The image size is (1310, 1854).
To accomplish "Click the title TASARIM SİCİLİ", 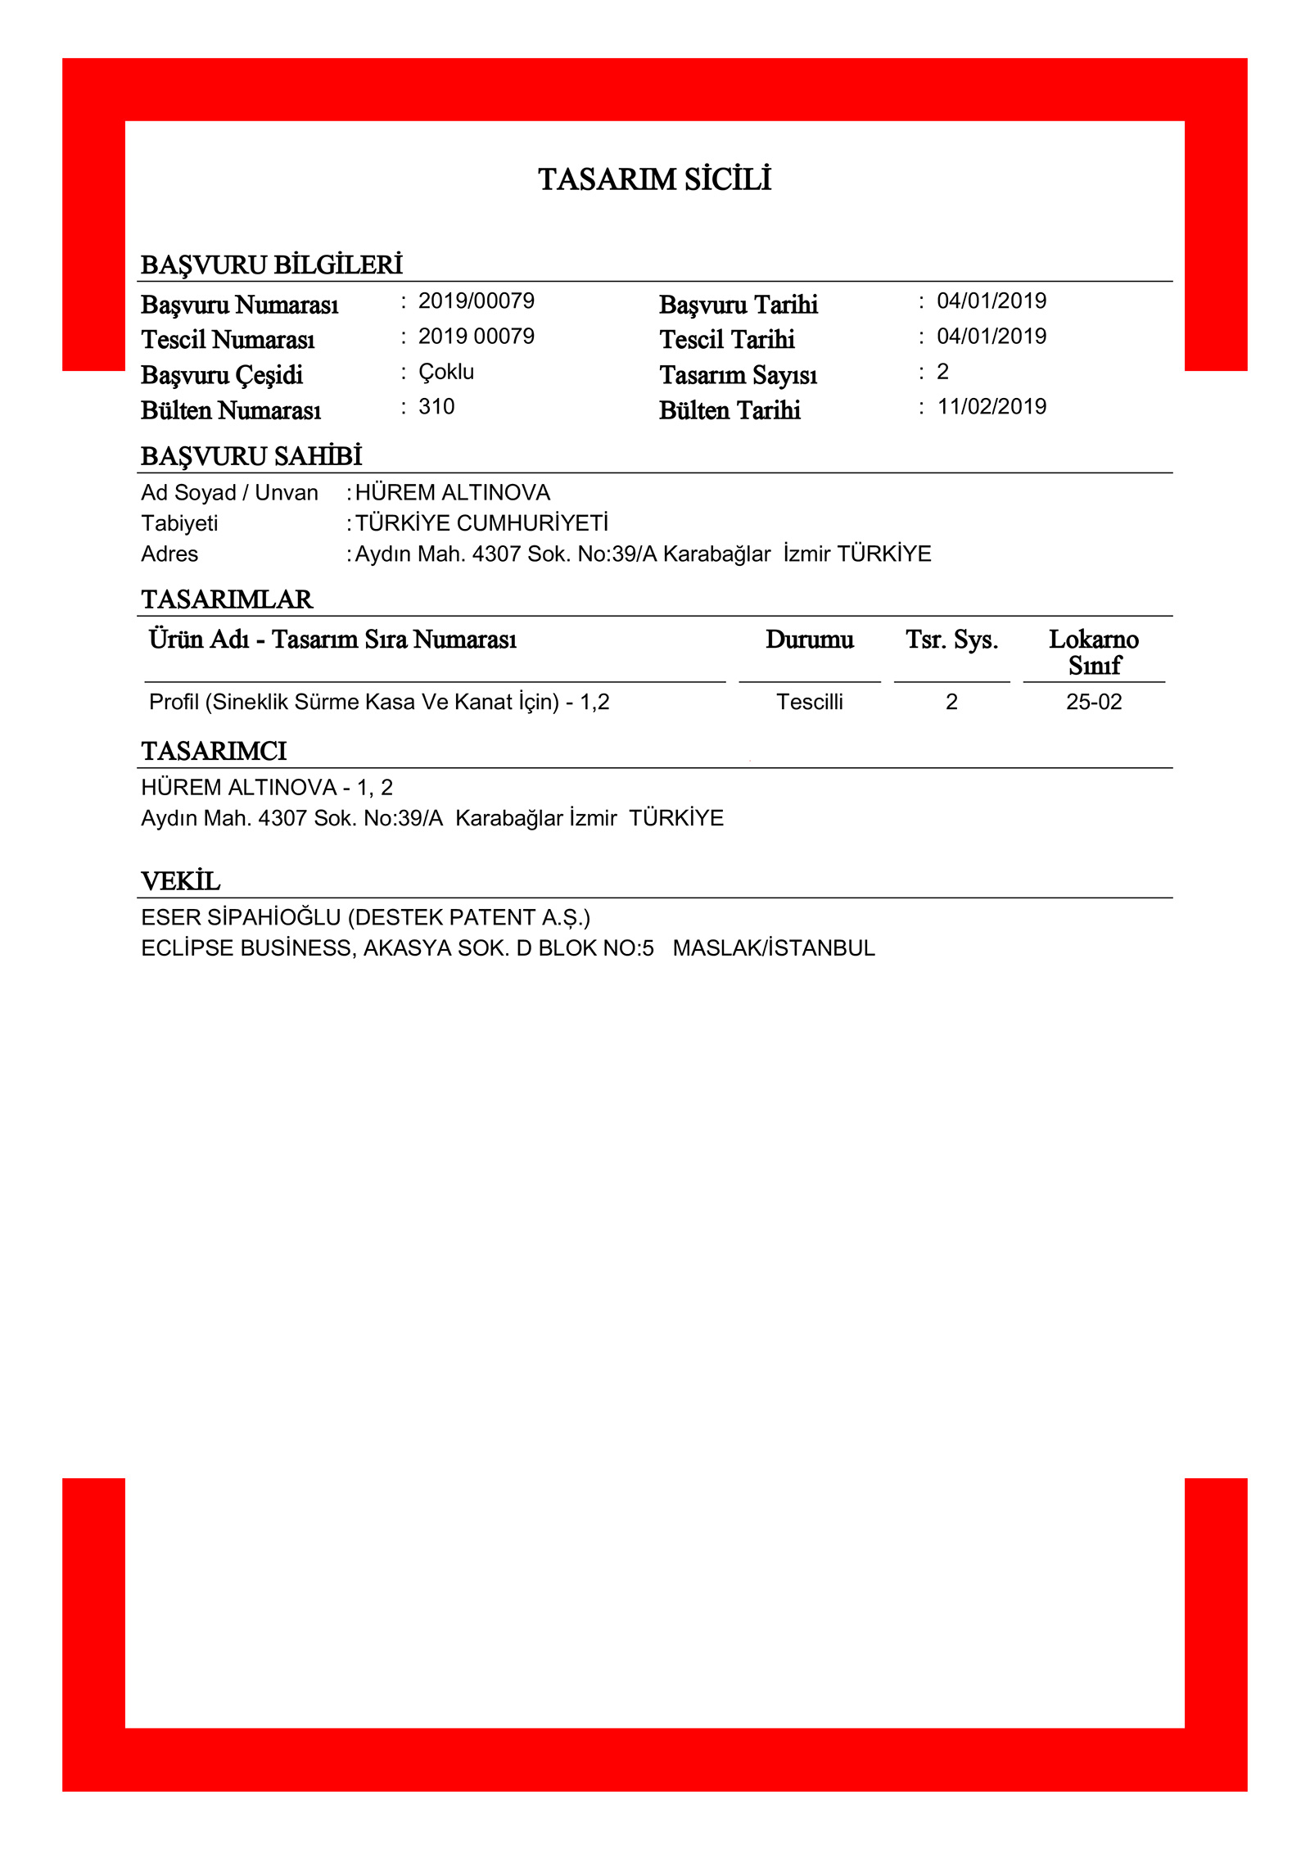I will point(654,179).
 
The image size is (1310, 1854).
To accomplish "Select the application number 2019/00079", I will point(476,301).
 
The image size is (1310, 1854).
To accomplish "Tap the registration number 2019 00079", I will point(476,337).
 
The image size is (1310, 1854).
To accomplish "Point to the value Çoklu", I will point(445,373).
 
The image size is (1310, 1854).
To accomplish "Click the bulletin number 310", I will point(436,407).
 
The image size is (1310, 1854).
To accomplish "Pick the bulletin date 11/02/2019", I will point(992,407).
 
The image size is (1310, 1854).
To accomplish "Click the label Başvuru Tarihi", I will point(738,305).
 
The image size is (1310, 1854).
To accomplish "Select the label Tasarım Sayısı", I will point(738,375).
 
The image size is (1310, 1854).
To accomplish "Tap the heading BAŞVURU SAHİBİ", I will point(251,456).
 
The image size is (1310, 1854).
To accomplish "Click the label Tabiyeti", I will point(179,523).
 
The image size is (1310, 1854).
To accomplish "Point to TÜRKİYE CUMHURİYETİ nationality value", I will point(481,523).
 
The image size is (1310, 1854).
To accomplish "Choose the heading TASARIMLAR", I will point(227,599).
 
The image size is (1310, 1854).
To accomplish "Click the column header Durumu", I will point(809,640).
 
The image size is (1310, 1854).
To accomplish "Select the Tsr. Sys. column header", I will point(951,640).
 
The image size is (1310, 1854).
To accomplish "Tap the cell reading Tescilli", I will point(809,702).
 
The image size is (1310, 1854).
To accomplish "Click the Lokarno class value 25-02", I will point(1093,702).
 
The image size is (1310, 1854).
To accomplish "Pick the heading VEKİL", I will point(181,881).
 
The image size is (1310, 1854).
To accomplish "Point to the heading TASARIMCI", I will point(214,751).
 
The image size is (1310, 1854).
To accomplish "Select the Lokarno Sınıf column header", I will point(1093,652).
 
